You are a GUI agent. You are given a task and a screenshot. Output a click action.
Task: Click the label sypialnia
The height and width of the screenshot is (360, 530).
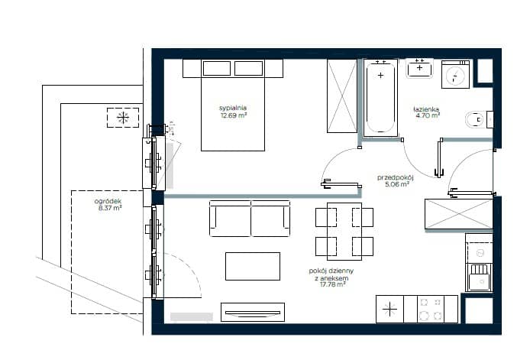233,108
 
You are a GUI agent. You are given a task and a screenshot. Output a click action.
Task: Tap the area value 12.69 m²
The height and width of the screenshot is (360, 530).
234,115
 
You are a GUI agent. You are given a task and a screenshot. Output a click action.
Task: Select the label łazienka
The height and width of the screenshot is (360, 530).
426,109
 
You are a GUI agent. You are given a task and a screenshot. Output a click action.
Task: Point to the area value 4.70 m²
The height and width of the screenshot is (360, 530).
428,115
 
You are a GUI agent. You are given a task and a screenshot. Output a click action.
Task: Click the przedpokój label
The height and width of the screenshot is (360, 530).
395,177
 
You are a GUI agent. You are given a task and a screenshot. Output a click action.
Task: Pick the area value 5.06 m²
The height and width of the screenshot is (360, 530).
397,184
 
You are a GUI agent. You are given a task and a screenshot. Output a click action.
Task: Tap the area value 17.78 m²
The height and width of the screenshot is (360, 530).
333,284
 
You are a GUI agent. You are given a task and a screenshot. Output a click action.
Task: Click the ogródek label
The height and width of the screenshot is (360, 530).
108,201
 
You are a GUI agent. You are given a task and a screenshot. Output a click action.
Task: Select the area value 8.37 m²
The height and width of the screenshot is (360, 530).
110,208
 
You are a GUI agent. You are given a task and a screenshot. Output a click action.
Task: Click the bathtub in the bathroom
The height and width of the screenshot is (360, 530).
380,98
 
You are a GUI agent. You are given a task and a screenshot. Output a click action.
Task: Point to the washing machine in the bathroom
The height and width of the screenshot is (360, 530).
455,74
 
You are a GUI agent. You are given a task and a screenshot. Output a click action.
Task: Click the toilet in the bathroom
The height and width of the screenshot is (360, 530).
478,119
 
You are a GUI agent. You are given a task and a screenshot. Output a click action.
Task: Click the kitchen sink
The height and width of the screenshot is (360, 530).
480,277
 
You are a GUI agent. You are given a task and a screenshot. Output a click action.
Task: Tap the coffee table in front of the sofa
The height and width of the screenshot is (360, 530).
253,266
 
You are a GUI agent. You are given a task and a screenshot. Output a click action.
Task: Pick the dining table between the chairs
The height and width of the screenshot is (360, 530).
344,232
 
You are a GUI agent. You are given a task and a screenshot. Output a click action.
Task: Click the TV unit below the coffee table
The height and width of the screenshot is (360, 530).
253,312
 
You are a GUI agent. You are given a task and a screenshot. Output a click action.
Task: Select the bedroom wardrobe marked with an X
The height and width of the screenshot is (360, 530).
342,96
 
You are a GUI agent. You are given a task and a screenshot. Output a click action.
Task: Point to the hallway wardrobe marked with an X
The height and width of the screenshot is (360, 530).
459,214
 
